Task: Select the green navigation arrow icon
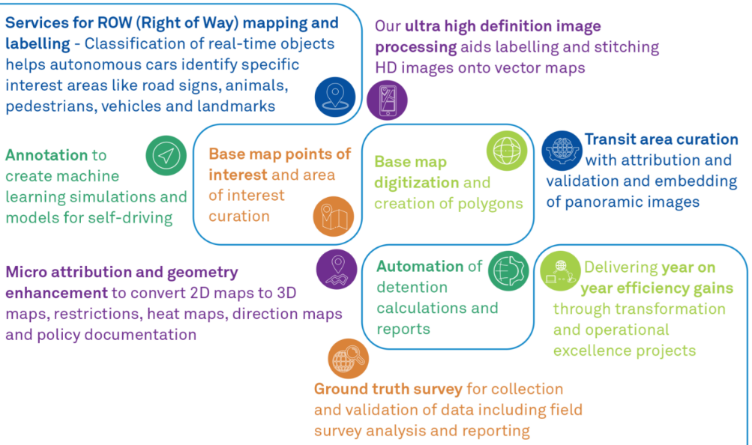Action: click(166, 156)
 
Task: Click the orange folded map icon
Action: click(333, 216)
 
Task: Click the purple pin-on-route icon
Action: click(336, 269)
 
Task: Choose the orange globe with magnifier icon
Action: click(349, 359)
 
